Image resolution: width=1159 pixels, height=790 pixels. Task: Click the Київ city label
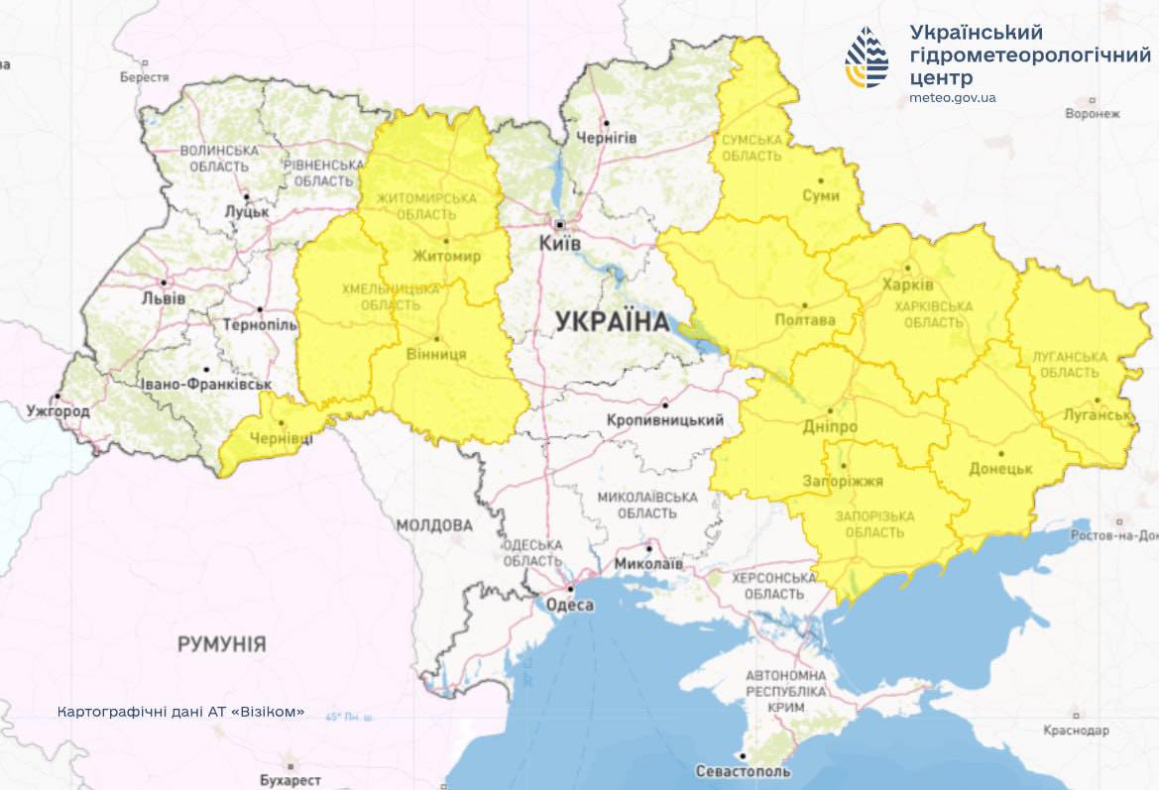[x=560, y=243]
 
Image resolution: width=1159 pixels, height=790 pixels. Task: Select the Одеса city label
[x=570, y=606]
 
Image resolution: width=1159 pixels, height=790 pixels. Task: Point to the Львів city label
[x=164, y=297]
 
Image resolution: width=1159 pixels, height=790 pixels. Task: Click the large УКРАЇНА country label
[x=612, y=321]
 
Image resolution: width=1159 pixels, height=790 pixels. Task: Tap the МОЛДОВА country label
[x=434, y=524]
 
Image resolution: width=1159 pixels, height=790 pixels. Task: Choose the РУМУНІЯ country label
[x=221, y=644]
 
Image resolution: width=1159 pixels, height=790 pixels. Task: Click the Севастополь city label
[x=744, y=771]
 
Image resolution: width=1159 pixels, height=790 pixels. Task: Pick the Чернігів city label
[x=606, y=137]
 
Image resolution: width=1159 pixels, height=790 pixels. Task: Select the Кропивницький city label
[x=665, y=420]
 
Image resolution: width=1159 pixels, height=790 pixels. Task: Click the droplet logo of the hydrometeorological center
[x=867, y=58]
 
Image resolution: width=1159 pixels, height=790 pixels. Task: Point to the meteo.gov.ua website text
[x=952, y=98]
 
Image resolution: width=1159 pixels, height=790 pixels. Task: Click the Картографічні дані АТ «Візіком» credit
[x=181, y=713]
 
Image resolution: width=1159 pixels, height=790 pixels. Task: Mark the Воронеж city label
[x=1092, y=113]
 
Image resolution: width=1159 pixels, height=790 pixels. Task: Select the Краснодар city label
[x=1076, y=730]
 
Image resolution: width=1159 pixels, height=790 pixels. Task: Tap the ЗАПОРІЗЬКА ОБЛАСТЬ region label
[x=869, y=524]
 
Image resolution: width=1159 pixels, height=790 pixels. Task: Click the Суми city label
[x=821, y=195]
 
